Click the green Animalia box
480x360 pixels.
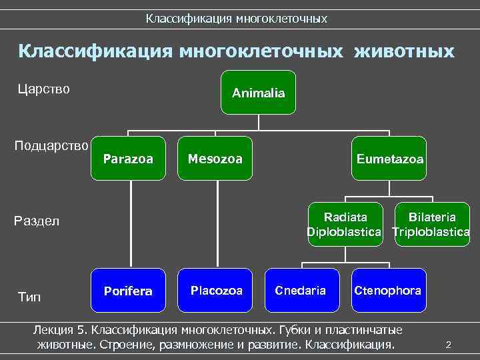[x=258, y=93]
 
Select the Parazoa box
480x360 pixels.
[x=129, y=159]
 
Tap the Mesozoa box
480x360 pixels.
[x=215, y=159]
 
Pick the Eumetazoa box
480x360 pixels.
[x=389, y=159]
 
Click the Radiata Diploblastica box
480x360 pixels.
[x=345, y=224]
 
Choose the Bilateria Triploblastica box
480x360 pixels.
[x=432, y=224]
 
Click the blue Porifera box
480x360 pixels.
[x=128, y=291]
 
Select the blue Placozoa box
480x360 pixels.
[x=215, y=291]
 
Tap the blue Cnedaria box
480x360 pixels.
[x=301, y=291]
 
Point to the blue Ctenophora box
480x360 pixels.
[x=387, y=291]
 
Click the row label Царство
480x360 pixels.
[x=43, y=89]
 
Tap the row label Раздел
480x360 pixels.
[x=37, y=221]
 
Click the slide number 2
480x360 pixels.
[x=448, y=345]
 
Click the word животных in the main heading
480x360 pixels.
[x=405, y=51]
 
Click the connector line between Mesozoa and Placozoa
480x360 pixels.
[x=215, y=224]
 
